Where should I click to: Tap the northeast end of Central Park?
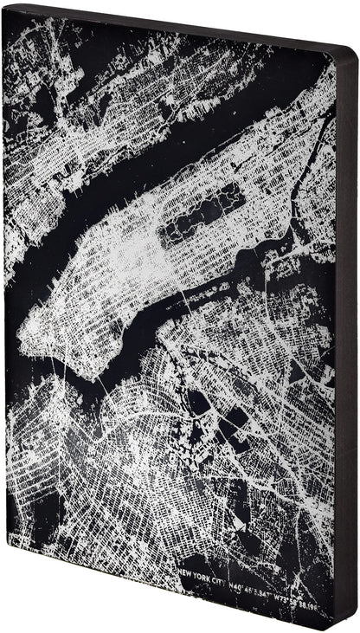tap(243, 189)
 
